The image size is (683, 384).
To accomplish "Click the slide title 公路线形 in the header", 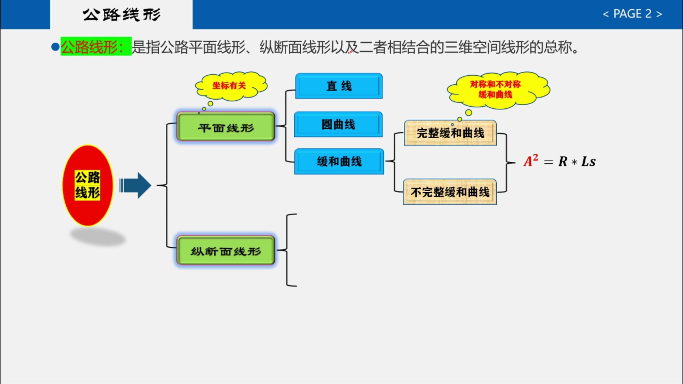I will tap(122, 15).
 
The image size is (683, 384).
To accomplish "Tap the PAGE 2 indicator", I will tap(632, 14).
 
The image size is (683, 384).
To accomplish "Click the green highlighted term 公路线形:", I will tap(95, 47).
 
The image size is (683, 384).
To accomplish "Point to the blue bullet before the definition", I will tap(55, 47).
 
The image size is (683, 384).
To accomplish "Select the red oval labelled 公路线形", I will tap(88, 185).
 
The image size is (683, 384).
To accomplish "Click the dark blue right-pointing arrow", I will tap(136, 185).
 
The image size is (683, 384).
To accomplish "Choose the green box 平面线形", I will tap(226, 127).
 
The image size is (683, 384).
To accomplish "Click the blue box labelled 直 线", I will tap(339, 86).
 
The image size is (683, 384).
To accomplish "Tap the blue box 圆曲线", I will tap(338, 124).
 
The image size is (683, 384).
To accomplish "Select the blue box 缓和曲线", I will tap(339, 161).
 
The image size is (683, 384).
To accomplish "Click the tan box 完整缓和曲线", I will tap(450, 133).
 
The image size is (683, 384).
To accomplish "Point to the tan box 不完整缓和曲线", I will tap(450, 192).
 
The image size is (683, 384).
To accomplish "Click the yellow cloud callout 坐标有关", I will tap(230, 85).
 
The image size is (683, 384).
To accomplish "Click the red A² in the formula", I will tap(530, 161).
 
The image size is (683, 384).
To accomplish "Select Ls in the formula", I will tap(588, 161).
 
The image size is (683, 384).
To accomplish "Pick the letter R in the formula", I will tap(563, 161).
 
